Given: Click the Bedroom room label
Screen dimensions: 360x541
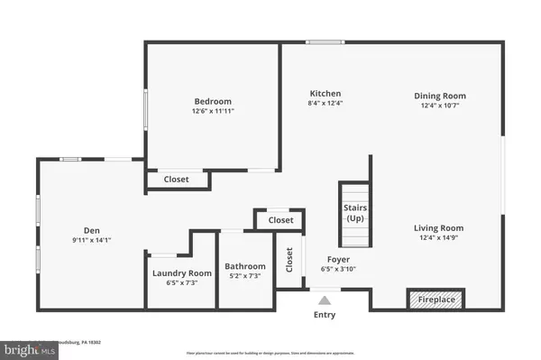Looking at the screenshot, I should click(213, 101).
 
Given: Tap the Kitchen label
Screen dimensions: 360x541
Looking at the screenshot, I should click(326, 94).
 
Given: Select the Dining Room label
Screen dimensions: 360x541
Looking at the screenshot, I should click(440, 96).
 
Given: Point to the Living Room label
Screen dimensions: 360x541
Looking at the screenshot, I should click(438, 228).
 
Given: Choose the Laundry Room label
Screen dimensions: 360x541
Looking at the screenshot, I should click(181, 272).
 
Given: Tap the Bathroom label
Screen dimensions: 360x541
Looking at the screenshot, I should click(245, 266).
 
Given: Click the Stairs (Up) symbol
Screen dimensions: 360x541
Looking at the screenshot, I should click(355, 213).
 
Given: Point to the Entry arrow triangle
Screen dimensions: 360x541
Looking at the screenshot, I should click(325, 299).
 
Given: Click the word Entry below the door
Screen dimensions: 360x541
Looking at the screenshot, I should click(325, 315).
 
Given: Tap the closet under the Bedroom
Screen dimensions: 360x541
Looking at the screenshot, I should click(177, 180).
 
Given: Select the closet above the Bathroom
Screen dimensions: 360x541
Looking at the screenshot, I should click(280, 220).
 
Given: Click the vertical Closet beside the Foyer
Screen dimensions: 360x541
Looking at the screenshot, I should click(289, 261).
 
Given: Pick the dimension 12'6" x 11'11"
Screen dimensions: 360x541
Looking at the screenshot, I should click(213, 112).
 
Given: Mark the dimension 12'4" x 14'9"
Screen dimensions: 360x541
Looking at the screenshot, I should click(438, 239).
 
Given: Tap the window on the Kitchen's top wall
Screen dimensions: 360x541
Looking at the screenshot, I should click(318, 42).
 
